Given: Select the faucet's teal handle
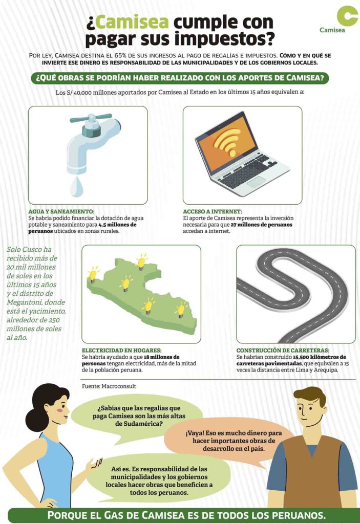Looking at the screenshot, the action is tap(91, 118).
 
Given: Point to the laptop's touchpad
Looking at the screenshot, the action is tap(256, 182).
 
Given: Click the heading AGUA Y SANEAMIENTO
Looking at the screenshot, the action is tap(61, 211).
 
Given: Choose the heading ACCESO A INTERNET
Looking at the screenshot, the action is tap(213, 211).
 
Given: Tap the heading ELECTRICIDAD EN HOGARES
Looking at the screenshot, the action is tap(122, 350).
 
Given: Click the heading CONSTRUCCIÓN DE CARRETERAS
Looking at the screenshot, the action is tap(283, 350).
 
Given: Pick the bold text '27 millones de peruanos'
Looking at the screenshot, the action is tap(261, 225).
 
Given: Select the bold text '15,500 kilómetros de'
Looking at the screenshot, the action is tap(320, 357).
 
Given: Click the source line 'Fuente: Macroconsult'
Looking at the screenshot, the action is tap(109, 386).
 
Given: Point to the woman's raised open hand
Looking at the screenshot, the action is tap(95, 465).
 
